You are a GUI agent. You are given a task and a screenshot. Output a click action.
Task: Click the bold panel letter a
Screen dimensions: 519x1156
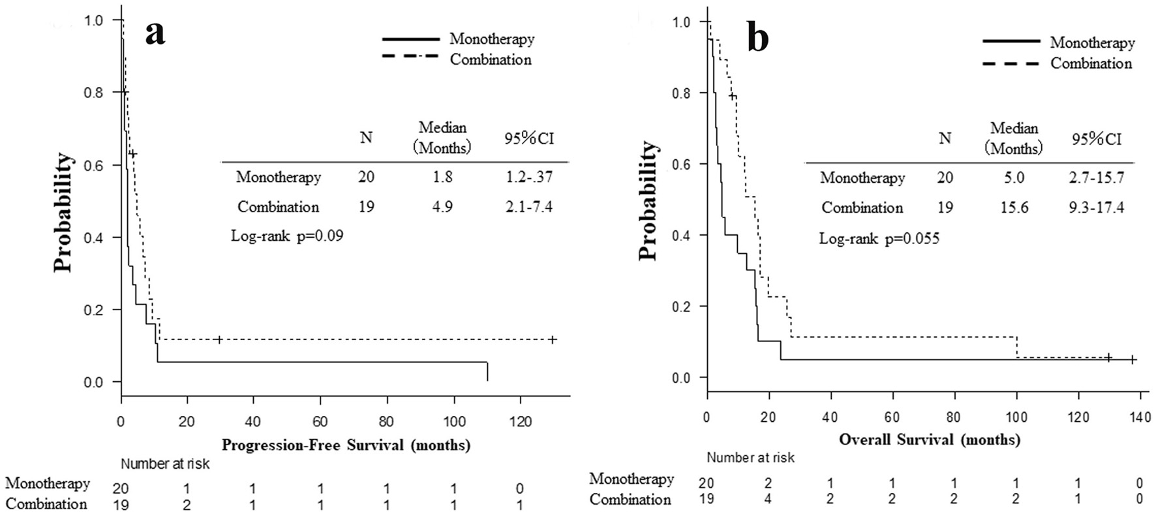tap(155, 32)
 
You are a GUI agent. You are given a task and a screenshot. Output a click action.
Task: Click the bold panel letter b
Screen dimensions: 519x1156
tap(757, 39)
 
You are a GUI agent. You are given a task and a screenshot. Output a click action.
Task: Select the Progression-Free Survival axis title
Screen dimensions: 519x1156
tap(346, 445)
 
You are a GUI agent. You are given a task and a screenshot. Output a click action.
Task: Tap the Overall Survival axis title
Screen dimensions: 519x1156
tap(929, 439)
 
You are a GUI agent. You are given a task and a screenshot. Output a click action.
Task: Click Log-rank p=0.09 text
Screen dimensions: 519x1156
tap(287, 236)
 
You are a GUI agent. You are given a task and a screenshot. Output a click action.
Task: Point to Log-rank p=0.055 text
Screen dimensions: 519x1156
tap(879, 238)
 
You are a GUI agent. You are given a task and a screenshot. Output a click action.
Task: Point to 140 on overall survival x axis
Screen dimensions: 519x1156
tap(1140, 417)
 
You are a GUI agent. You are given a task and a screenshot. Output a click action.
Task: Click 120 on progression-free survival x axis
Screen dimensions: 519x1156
tap(520, 421)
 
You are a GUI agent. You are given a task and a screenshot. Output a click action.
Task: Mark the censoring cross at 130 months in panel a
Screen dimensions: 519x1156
tap(553, 339)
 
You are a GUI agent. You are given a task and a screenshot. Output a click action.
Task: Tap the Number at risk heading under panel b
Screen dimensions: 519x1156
tap(750, 458)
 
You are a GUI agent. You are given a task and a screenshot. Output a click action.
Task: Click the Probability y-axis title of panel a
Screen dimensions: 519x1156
tap(63, 212)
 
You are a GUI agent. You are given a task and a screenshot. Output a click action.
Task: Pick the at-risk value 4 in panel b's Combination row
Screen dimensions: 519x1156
tap(768, 499)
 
